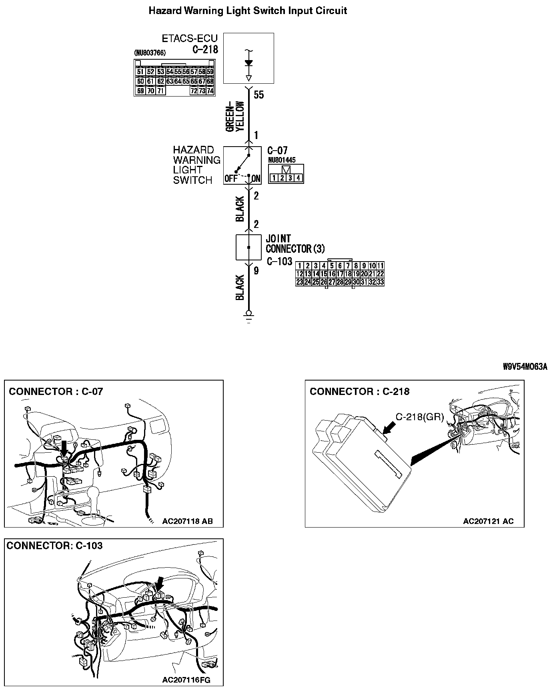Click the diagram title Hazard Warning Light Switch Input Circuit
click(248, 11)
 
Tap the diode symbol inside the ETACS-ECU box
click(248, 63)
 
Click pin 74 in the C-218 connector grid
click(210, 91)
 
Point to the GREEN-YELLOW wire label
click(235, 117)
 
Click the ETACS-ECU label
click(190, 38)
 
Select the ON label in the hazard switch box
click(256, 179)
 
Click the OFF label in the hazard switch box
click(230, 179)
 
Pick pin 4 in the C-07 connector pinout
click(298, 178)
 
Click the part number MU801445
click(282, 160)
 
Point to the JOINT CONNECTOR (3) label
click(295, 244)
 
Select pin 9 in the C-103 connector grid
click(364, 266)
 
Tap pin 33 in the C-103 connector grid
click(380, 282)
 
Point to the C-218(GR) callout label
click(420, 417)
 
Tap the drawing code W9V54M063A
click(525, 367)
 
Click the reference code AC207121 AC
click(488, 521)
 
